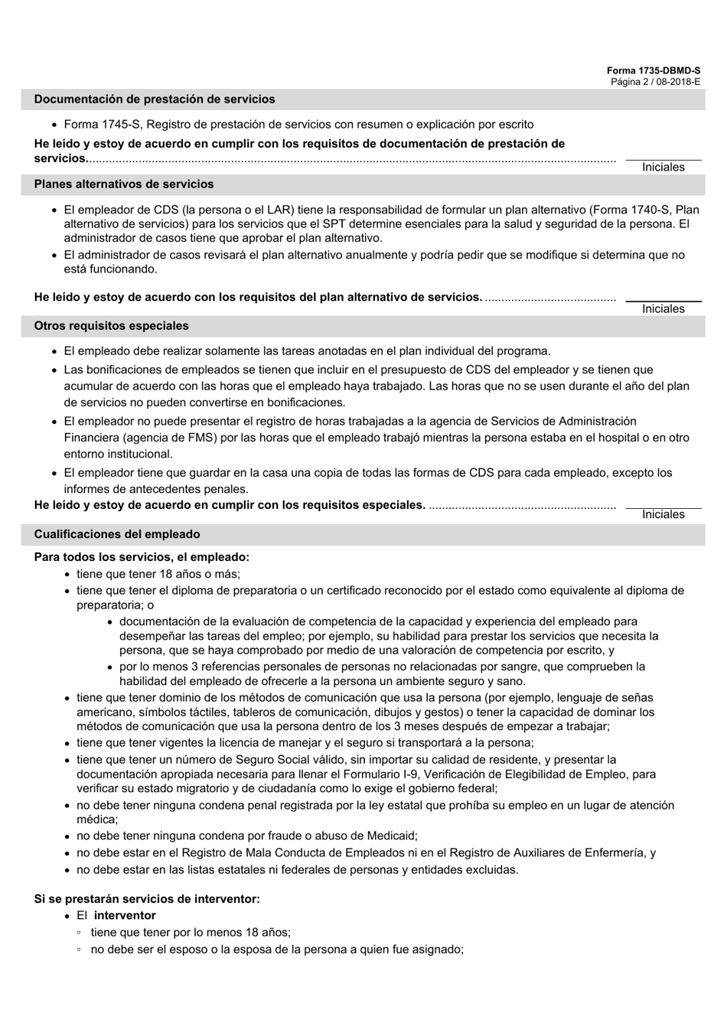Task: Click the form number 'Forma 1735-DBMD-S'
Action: [654, 70]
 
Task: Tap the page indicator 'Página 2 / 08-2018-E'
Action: [655, 81]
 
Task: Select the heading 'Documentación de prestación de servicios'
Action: [155, 99]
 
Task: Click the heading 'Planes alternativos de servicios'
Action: [124, 184]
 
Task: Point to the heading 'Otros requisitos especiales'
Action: [111, 326]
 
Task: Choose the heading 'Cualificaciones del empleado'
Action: [117, 534]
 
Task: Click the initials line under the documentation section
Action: [663, 159]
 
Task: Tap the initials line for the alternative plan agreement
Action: [663, 301]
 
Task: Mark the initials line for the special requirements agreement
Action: [663, 507]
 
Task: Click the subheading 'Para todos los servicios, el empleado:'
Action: [142, 557]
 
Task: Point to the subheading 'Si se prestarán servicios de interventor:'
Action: [147, 898]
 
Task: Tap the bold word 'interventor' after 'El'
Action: [125, 915]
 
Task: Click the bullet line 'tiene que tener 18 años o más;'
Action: [158, 574]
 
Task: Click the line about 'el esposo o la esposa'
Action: [277, 949]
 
